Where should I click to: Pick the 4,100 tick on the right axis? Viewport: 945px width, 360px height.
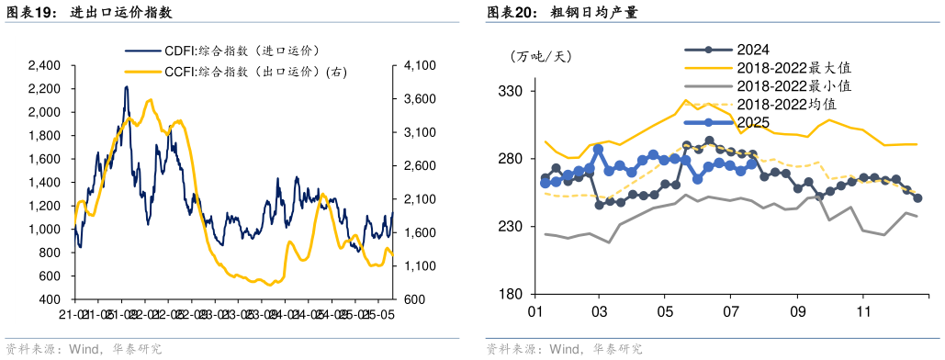[419, 65]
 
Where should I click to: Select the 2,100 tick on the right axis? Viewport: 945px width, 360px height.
[419, 199]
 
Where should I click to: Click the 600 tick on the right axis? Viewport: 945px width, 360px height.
[412, 299]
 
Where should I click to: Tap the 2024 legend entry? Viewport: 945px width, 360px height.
[752, 51]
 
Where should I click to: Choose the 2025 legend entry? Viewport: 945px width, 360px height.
[752, 122]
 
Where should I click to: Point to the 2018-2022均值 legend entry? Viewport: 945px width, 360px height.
[786, 104]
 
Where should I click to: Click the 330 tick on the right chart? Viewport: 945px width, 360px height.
[511, 92]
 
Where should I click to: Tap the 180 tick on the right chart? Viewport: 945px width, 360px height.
[511, 294]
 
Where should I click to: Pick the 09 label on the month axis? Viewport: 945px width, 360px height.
[797, 312]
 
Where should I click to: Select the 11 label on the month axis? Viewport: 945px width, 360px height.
[863, 312]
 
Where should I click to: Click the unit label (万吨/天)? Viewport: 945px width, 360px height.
[541, 57]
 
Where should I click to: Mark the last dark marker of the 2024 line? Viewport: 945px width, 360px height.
[917, 198]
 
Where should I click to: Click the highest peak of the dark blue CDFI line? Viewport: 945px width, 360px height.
[126, 86]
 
